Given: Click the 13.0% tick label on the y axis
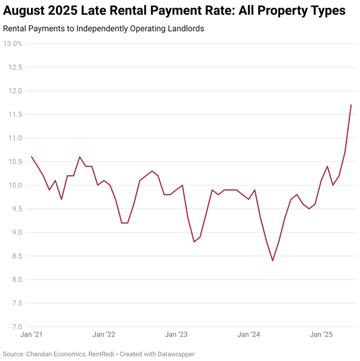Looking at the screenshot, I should pyautogui.click(x=12, y=43).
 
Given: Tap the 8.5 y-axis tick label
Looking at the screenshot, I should pyautogui.click(x=15, y=256).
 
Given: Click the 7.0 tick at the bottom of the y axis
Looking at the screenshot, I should pyautogui.click(x=15, y=327).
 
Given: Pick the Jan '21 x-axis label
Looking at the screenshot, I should pyautogui.click(x=31, y=334).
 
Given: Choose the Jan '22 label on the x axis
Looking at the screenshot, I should pyautogui.click(x=104, y=334).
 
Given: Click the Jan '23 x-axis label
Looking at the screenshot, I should pyautogui.click(x=176, y=334).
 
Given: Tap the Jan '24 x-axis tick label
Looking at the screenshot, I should pyautogui.click(x=249, y=334).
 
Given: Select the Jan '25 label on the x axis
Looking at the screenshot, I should pyautogui.click(x=321, y=334).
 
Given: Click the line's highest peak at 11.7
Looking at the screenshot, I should pyautogui.click(x=351, y=105).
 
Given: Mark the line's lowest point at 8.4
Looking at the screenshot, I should pyautogui.click(x=272, y=261).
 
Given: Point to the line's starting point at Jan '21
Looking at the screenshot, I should pyautogui.click(x=31, y=157).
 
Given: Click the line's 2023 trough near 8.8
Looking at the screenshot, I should pyautogui.click(x=194, y=242).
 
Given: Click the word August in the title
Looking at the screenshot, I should pyautogui.click(x=26, y=11).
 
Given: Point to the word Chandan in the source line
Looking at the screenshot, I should pyautogui.click(x=41, y=354).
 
